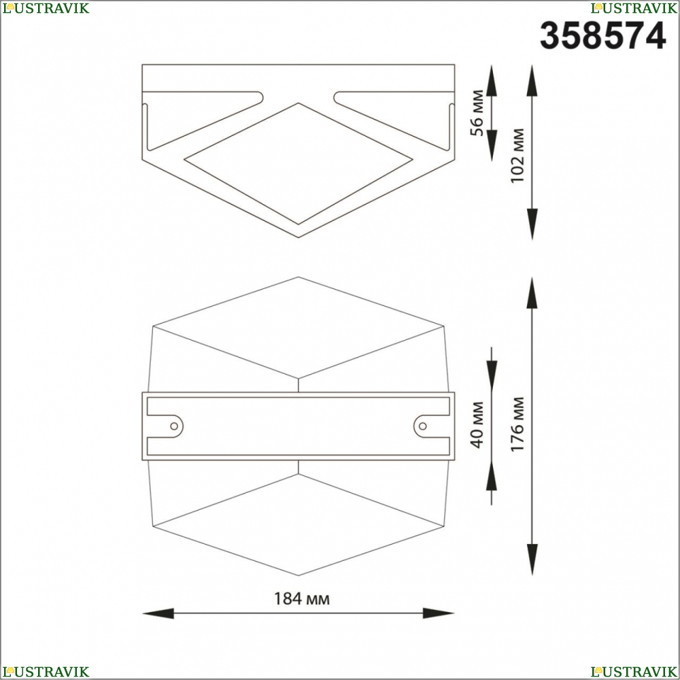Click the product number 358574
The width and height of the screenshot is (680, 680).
pos(602,36)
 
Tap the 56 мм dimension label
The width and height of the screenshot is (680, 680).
pos(477,113)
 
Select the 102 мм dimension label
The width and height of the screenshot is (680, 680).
pos(517,156)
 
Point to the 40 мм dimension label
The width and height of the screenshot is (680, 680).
pos(477,425)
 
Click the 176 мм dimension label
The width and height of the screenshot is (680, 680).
pos(517,424)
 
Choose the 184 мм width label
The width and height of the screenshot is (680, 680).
pos(302,598)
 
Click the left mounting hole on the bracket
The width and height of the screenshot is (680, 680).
pos(174,426)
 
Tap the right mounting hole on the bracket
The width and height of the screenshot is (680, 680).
pos(422,426)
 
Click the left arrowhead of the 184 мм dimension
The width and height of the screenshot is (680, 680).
pos(158,613)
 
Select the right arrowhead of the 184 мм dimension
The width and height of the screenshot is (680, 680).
pos(439,613)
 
